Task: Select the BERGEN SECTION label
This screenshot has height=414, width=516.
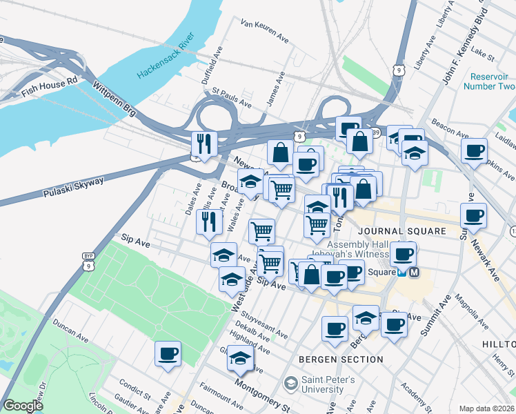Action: [x=341, y=359]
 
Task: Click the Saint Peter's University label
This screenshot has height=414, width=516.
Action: [x=329, y=384]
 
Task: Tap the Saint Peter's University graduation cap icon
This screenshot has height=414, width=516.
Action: [x=290, y=383]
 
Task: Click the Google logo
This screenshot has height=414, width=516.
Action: [x=23, y=406]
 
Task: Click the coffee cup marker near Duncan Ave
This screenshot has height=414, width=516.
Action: [x=168, y=354]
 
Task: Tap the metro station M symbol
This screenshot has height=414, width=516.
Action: [x=414, y=273]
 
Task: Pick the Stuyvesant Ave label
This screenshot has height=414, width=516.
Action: [x=262, y=325]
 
